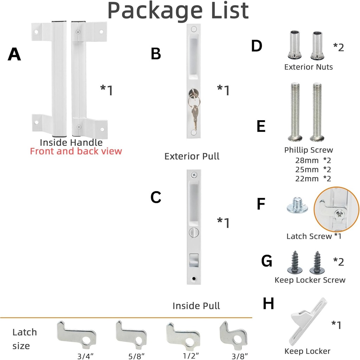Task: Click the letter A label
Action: (x=14, y=54)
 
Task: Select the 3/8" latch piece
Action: (x=232, y=332)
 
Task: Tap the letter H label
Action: (x=268, y=304)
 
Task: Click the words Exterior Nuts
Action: (x=308, y=67)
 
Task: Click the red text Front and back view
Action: (x=76, y=152)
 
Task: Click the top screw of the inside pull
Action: (x=193, y=175)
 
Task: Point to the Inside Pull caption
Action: (x=196, y=306)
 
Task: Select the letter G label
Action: (x=267, y=262)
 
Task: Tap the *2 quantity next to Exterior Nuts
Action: (x=338, y=47)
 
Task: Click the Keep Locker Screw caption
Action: (x=310, y=280)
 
